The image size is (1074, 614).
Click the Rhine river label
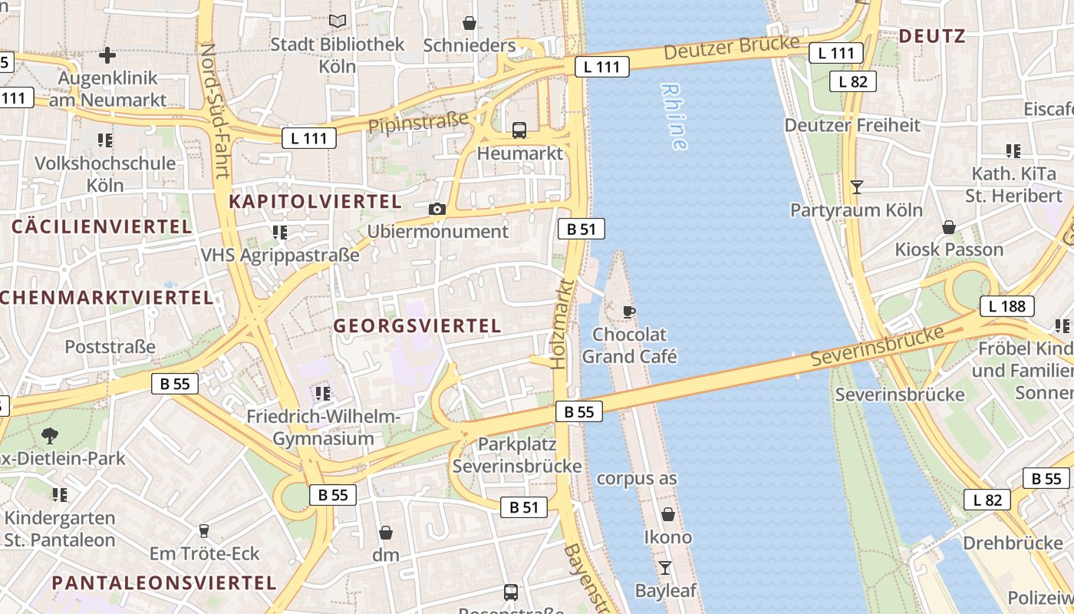[674, 117]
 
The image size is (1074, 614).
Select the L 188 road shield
[1006, 306]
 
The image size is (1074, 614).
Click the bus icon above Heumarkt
[519, 130]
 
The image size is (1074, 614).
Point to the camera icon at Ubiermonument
[437, 209]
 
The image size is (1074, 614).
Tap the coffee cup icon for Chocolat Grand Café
[629, 312]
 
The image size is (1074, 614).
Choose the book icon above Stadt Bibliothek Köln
[337, 21]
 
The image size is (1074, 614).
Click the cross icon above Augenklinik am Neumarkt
[107, 55]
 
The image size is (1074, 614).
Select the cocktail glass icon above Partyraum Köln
[857, 187]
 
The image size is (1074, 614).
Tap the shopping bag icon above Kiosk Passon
[949, 227]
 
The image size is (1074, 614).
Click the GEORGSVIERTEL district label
[417, 325]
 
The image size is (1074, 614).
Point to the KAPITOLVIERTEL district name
[315, 202]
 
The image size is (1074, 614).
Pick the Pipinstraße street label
[418, 122]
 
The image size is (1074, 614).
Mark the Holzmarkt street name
[562, 324]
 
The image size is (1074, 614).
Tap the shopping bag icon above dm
[386, 532]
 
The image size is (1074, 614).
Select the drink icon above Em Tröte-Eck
[203, 530]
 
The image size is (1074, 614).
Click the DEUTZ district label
[931, 35]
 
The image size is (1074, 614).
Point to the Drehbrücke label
[1012, 543]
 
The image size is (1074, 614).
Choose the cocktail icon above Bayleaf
[665, 568]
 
